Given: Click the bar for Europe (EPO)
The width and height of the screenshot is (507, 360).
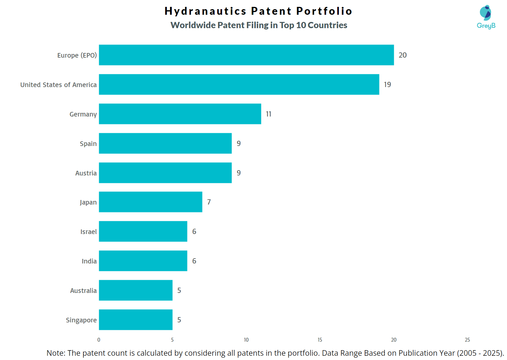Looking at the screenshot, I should click(x=246, y=55).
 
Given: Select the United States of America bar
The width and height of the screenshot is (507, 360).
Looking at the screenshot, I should click(x=239, y=84).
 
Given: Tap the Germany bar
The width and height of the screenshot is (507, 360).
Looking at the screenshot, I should click(x=180, y=114).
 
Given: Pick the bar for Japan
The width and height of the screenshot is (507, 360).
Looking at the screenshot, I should click(x=150, y=202).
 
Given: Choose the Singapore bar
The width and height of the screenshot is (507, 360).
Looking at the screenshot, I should click(x=135, y=320).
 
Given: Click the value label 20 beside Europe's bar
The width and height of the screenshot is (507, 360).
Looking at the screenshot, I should click(x=403, y=55).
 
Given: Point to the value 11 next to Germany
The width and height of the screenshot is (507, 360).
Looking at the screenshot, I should click(x=269, y=114).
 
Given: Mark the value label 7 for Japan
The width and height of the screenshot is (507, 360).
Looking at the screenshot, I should click(x=209, y=202).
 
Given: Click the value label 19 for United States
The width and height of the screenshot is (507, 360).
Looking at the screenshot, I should click(x=388, y=84).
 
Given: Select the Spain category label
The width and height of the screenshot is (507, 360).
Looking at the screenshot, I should click(x=88, y=144).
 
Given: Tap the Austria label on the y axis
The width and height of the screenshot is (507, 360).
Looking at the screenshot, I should click(x=86, y=173).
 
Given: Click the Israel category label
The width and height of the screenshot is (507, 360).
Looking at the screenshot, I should click(x=89, y=232).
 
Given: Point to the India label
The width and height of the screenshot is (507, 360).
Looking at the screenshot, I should click(x=89, y=261).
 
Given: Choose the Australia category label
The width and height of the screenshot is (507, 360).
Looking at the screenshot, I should click(x=83, y=291).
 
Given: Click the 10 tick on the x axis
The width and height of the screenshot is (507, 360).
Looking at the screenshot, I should click(x=246, y=340).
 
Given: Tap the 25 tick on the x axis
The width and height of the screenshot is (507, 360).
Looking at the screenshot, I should click(x=467, y=340).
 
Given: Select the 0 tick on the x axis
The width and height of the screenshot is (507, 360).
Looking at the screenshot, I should click(x=99, y=340).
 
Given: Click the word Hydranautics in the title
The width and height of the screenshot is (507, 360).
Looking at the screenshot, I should click(x=205, y=11).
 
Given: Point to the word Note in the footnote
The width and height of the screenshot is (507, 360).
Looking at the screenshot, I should click(x=56, y=353).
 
